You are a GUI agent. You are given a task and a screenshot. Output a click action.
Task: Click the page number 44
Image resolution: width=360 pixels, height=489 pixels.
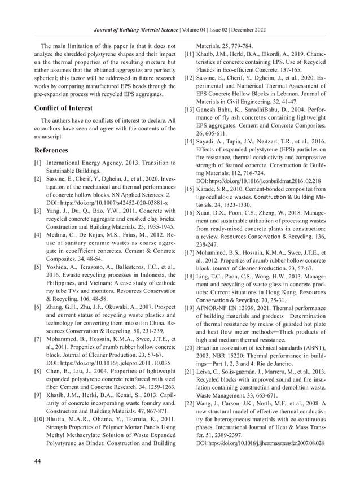(x=37, y=462)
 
